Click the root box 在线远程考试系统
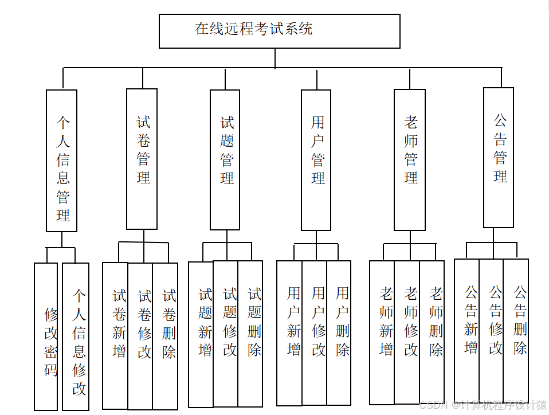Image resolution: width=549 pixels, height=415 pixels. [x=279, y=31]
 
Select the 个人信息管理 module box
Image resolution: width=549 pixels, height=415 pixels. [x=62, y=160]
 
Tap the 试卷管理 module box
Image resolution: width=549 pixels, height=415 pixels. [x=142, y=159]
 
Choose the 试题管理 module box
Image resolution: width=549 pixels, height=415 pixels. [x=225, y=159]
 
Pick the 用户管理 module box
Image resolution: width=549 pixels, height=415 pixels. [x=316, y=160]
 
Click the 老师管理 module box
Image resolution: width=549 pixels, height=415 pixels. [x=410, y=159]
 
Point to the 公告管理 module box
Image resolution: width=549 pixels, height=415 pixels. [x=498, y=158]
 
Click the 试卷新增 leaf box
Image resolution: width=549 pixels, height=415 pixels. [x=116, y=335]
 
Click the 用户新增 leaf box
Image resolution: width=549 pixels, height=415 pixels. [x=289, y=333]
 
